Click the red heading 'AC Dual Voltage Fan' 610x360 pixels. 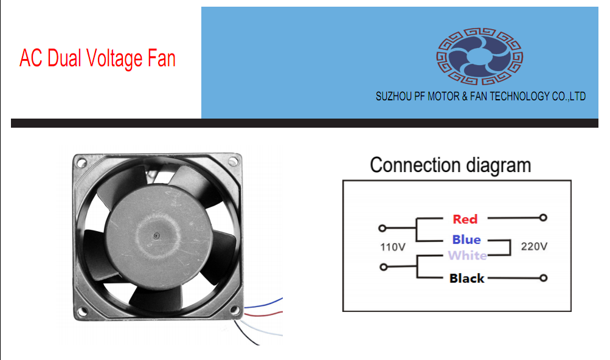(x=97, y=59)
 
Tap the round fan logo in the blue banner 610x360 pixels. (x=480, y=58)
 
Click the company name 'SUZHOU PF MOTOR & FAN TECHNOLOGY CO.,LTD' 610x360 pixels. (x=480, y=96)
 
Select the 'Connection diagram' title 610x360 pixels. (x=450, y=165)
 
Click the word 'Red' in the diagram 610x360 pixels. (x=465, y=219)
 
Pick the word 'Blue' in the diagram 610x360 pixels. (x=466, y=240)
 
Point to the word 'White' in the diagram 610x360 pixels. (x=467, y=255)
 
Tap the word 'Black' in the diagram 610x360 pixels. (x=466, y=279)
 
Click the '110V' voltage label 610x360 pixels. (x=393, y=247)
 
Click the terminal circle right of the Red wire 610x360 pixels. (x=544, y=217)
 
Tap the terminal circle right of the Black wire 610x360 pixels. (x=544, y=279)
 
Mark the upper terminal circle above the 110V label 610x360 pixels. (x=382, y=229)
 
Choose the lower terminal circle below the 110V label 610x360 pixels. (x=382, y=267)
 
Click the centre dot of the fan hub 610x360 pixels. (x=156, y=235)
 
